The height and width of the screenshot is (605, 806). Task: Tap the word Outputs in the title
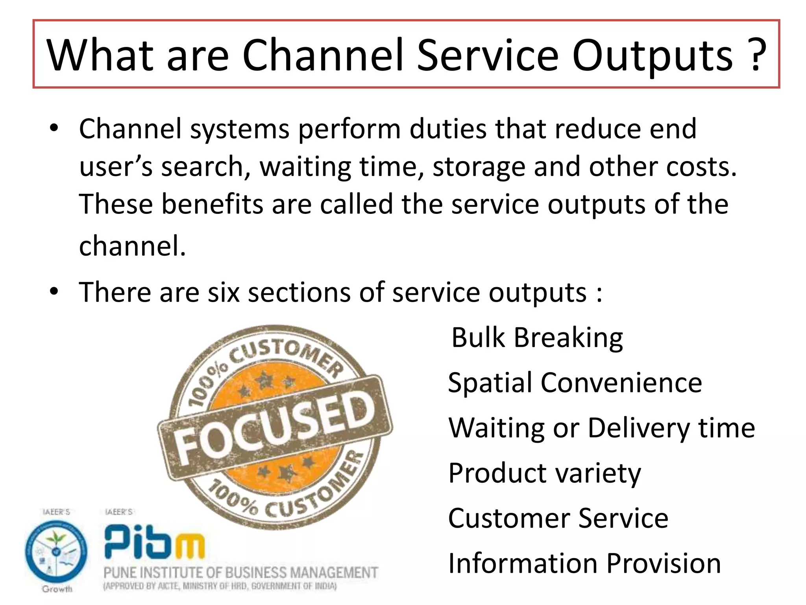click(653, 56)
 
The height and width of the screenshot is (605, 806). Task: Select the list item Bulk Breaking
click(537, 338)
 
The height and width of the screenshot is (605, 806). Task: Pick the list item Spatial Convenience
click(575, 383)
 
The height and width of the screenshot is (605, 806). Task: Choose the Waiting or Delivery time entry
click(601, 428)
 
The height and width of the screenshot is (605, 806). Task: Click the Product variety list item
click(544, 473)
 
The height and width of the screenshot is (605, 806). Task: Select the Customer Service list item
click(558, 518)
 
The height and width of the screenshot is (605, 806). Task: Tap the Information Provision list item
click(584, 563)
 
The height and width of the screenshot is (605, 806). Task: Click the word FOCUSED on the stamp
click(275, 427)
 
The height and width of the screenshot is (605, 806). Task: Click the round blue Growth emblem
click(56, 551)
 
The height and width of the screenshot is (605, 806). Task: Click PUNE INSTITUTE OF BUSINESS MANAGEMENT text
click(240, 573)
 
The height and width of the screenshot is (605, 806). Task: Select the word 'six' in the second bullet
click(224, 293)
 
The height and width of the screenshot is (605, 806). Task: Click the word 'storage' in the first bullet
click(479, 167)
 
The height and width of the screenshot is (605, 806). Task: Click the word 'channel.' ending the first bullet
click(132, 246)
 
